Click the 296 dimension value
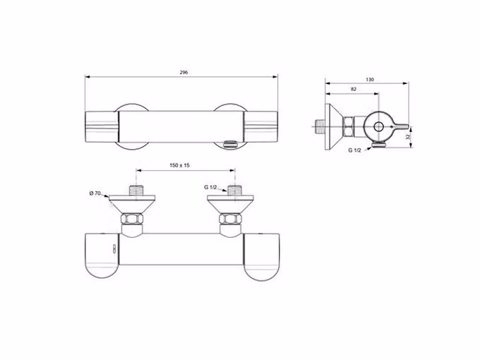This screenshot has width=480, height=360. pyautogui.click(x=184, y=73)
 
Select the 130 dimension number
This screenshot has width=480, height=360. pyautogui.click(x=370, y=80)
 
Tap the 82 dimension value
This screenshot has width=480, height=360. pyautogui.click(x=354, y=89)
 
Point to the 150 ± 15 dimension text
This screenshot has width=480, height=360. pyautogui.click(x=180, y=165)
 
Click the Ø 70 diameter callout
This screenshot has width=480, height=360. pyautogui.click(x=95, y=193)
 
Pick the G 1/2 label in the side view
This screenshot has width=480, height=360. pyautogui.click(x=354, y=150)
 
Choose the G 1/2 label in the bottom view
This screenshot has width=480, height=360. pyautogui.click(x=210, y=187)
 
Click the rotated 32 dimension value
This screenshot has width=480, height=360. pyautogui.click(x=408, y=137)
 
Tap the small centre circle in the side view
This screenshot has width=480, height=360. pyautogui.click(x=378, y=126)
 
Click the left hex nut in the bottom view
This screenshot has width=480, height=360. pyautogui.click(x=132, y=220)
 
